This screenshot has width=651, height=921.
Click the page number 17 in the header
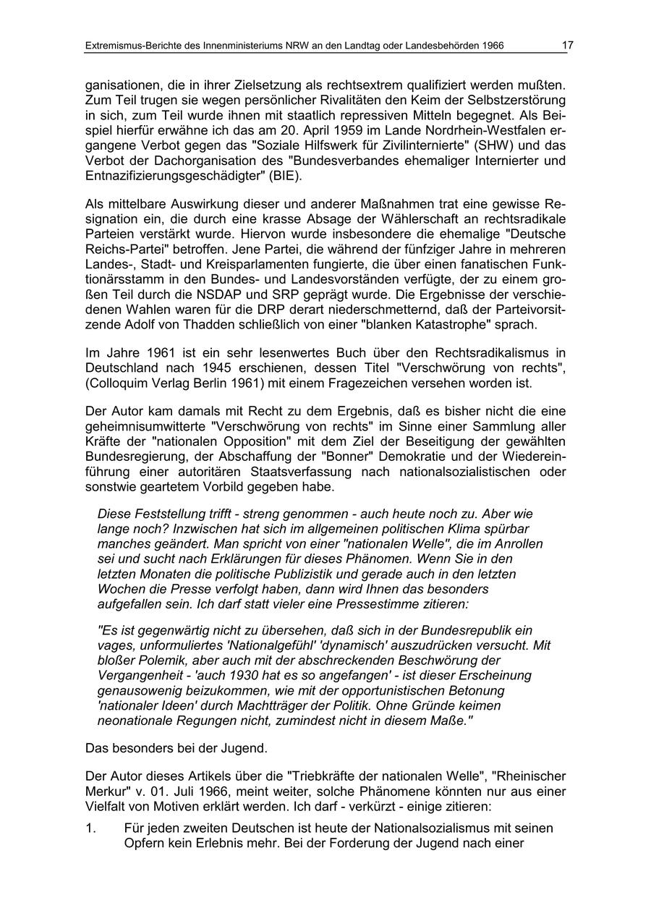567,46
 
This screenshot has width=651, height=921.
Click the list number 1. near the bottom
90,828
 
